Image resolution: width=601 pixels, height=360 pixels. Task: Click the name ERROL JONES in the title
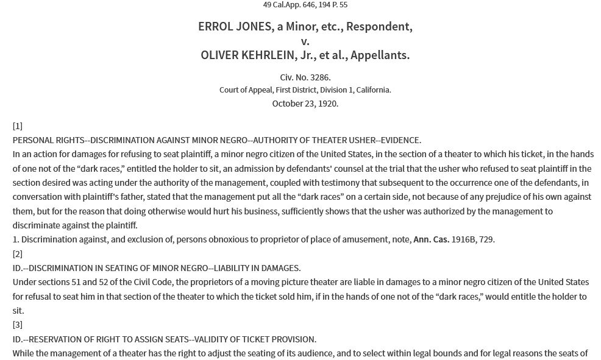pos(230,27)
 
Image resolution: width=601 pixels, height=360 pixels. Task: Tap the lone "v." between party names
pos(305,41)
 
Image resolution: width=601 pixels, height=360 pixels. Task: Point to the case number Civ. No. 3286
pos(305,77)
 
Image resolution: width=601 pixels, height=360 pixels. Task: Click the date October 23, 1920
pos(305,104)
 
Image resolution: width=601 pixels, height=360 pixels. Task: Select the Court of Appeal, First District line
pos(305,90)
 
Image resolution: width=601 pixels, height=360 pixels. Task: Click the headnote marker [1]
pos(18,126)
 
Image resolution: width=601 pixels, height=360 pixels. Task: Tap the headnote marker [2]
pos(18,254)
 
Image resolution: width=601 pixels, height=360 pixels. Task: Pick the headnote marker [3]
pos(18,325)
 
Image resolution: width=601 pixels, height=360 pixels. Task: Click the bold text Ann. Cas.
pos(431,239)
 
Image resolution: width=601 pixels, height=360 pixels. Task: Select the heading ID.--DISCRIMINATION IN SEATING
pos(157,268)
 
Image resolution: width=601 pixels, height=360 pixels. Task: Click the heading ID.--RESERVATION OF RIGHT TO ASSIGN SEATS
pos(165,339)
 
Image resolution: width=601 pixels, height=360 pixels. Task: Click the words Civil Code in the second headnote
pos(124,282)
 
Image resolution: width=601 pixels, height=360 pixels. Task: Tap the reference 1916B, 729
pos(473,239)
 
